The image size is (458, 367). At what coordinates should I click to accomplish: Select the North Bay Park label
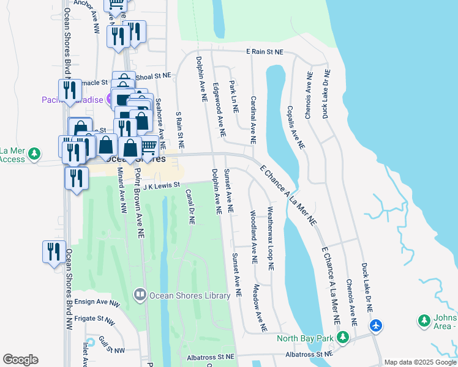(305, 338)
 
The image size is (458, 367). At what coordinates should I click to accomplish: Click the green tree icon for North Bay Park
(343, 337)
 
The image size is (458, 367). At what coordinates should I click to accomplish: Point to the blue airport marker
(376, 325)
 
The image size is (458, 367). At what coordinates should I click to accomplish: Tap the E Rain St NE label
(265, 53)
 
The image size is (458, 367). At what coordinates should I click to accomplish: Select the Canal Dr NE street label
(190, 207)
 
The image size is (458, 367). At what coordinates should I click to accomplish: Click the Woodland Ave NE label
(253, 237)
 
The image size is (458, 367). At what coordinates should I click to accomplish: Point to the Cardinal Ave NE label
(253, 120)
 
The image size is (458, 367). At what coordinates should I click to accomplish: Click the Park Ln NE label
(233, 96)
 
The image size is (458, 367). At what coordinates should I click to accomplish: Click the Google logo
(20, 360)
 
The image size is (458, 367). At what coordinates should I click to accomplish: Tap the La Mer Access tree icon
(36, 152)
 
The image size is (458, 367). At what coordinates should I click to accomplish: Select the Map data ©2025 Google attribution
(420, 362)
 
